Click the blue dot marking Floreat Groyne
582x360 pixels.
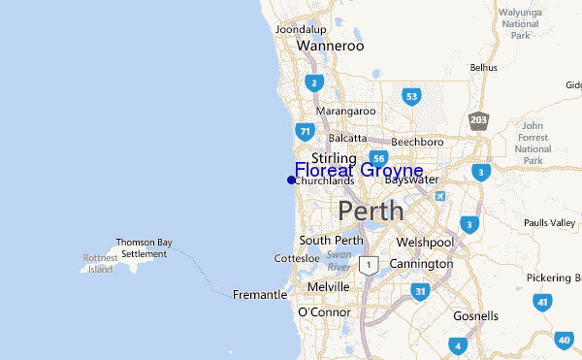[291, 180]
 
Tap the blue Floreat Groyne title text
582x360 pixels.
[359, 171]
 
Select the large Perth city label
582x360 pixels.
[372, 211]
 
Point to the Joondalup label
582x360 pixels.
[300, 29]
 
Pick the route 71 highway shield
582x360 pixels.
[305, 130]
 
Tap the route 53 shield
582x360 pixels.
[412, 96]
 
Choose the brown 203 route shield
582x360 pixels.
[478, 119]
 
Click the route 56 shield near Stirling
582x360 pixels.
[378, 158]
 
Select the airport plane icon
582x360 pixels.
[442, 197]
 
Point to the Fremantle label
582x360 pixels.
[260, 294]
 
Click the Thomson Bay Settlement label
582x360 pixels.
[143, 247]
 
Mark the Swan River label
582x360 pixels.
[339, 260]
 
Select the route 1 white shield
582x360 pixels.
[368, 264]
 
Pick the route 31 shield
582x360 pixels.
[420, 291]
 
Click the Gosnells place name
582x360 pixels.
[475, 316]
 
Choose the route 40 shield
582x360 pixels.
[565, 341]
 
